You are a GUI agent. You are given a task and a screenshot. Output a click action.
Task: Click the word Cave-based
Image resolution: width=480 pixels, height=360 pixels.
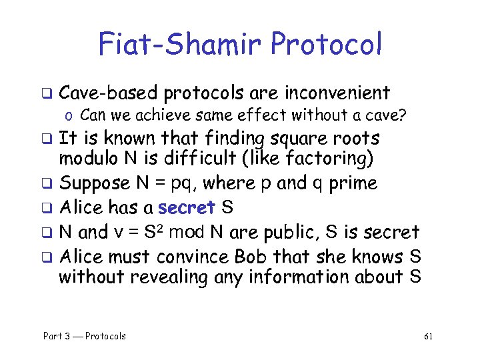point(108,93)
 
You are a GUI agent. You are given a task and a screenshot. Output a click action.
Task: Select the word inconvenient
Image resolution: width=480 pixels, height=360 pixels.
point(339,93)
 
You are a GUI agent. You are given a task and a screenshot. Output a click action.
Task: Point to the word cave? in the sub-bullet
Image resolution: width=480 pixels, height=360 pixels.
point(383,115)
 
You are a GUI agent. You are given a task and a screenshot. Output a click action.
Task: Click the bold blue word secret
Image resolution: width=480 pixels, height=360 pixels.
point(187,208)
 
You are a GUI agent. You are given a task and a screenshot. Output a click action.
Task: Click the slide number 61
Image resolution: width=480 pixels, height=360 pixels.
point(428,337)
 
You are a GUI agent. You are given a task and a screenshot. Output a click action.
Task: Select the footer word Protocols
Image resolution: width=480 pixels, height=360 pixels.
point(105,336)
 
